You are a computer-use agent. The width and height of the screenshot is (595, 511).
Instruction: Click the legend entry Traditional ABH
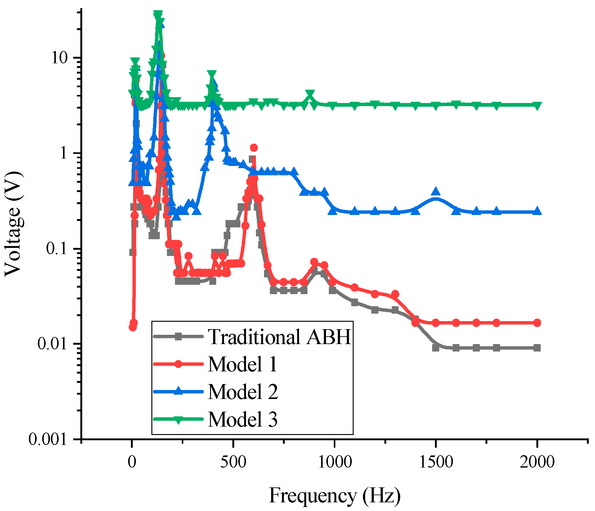[279, 337]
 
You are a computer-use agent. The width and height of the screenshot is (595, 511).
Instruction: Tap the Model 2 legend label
[243, 392]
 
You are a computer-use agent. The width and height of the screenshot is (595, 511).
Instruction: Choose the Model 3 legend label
[243, 419]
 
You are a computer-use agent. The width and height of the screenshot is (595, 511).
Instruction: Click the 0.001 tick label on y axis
[48, 439]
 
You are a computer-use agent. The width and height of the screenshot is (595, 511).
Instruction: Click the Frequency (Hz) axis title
[334, 495]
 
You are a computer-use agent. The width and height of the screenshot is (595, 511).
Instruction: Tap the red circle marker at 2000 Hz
[537, 323]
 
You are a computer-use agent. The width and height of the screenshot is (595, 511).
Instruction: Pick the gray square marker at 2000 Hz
[537, 348]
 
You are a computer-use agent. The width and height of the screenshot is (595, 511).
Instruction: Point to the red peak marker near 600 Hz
[254, 148]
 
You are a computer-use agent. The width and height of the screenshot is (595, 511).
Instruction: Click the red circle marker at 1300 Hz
[395, 294]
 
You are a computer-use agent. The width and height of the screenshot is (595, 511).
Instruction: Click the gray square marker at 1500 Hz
[436, 347]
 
